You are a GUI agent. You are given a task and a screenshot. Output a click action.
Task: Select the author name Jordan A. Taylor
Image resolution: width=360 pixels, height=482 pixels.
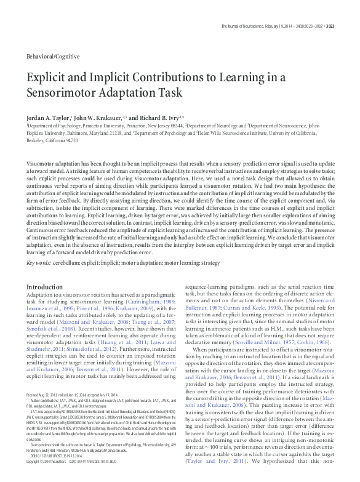click(x=50, y=116)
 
